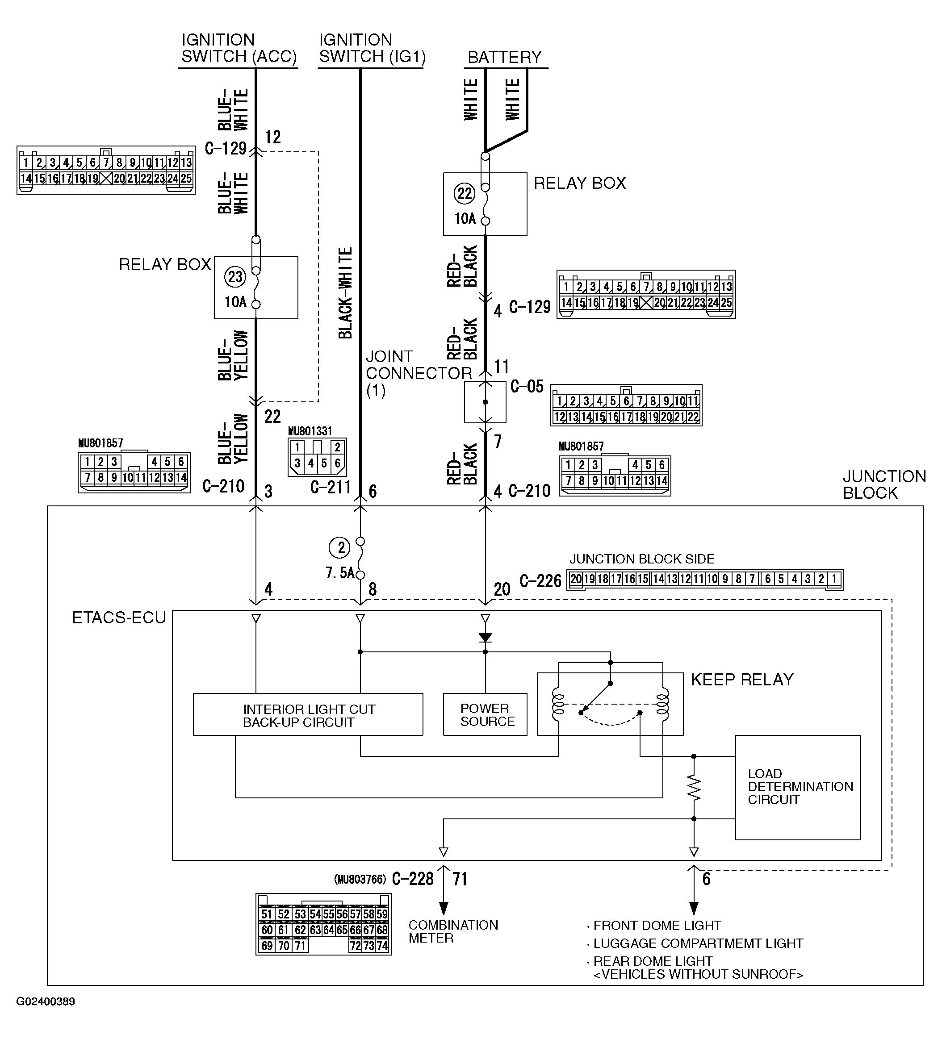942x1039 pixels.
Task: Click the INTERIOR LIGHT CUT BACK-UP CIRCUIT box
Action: tap(308, 715)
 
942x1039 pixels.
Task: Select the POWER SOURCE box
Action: tap(485, 715)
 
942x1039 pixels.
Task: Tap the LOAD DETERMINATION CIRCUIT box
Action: tap(797, 787)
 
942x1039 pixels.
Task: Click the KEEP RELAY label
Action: tap(741, 680)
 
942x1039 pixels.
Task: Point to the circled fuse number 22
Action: tap(464, 194)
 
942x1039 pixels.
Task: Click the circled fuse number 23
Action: tap(235, 277)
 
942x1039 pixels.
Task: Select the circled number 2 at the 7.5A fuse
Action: tap(340, 548)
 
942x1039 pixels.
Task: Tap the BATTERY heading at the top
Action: tap(504, 57)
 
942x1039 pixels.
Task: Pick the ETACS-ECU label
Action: tap(119, 618)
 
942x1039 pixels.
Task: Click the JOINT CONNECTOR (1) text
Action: tap(418, 373)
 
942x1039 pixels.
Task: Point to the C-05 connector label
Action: tap(527, 387)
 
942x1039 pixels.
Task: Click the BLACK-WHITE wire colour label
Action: tap(345, 293)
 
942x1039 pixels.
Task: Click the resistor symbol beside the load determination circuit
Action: tap(694, 788)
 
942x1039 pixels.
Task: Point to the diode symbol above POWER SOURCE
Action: tap(485, 638)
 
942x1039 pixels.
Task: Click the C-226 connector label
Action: tap(540, 581)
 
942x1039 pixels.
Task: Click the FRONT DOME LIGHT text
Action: tap(656, 926)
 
